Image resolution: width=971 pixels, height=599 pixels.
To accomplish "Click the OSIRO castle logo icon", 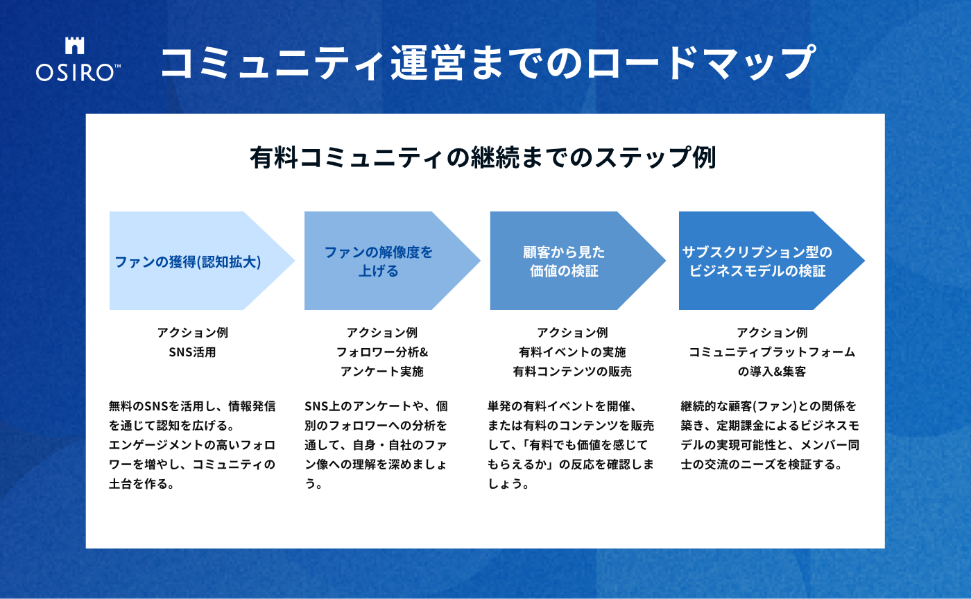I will [x=74, y=46].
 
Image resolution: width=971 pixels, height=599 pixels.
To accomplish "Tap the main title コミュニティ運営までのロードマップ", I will [x=486, y=63].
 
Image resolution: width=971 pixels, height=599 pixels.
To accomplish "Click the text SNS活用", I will [x=192, y=352].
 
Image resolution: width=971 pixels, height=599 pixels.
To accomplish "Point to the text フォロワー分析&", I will [x=382, y=352].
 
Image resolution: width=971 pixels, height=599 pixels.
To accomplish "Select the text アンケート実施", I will [x=382, y=372].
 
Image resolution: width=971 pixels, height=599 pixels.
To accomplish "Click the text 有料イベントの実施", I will [x=572, y=352].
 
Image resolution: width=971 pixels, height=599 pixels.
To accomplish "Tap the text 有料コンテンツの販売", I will [x=572, y=372].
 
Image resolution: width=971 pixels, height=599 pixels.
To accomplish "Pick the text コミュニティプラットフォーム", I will [x=772, y=352].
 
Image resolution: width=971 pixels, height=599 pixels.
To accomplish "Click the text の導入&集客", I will [x=772, y=372].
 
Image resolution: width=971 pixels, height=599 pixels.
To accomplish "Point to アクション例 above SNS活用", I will [x=192, y=333].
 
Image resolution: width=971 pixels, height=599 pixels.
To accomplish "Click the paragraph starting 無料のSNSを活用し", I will [x=192, y=444].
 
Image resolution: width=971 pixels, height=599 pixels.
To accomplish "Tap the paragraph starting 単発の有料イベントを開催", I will [x=571, y=444].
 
